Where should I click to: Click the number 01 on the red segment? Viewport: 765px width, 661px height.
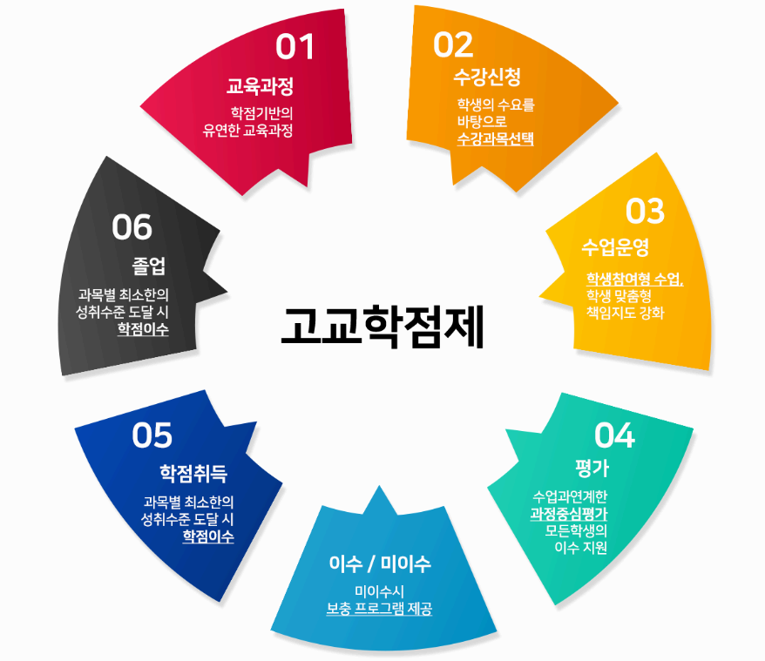294,47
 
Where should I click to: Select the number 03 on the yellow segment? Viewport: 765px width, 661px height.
645,211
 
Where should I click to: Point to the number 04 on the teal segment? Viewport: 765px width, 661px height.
615,434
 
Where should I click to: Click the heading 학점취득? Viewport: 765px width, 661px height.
193,473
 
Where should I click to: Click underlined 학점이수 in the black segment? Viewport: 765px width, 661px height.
144,329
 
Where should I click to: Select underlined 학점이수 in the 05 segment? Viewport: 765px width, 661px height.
208,536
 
